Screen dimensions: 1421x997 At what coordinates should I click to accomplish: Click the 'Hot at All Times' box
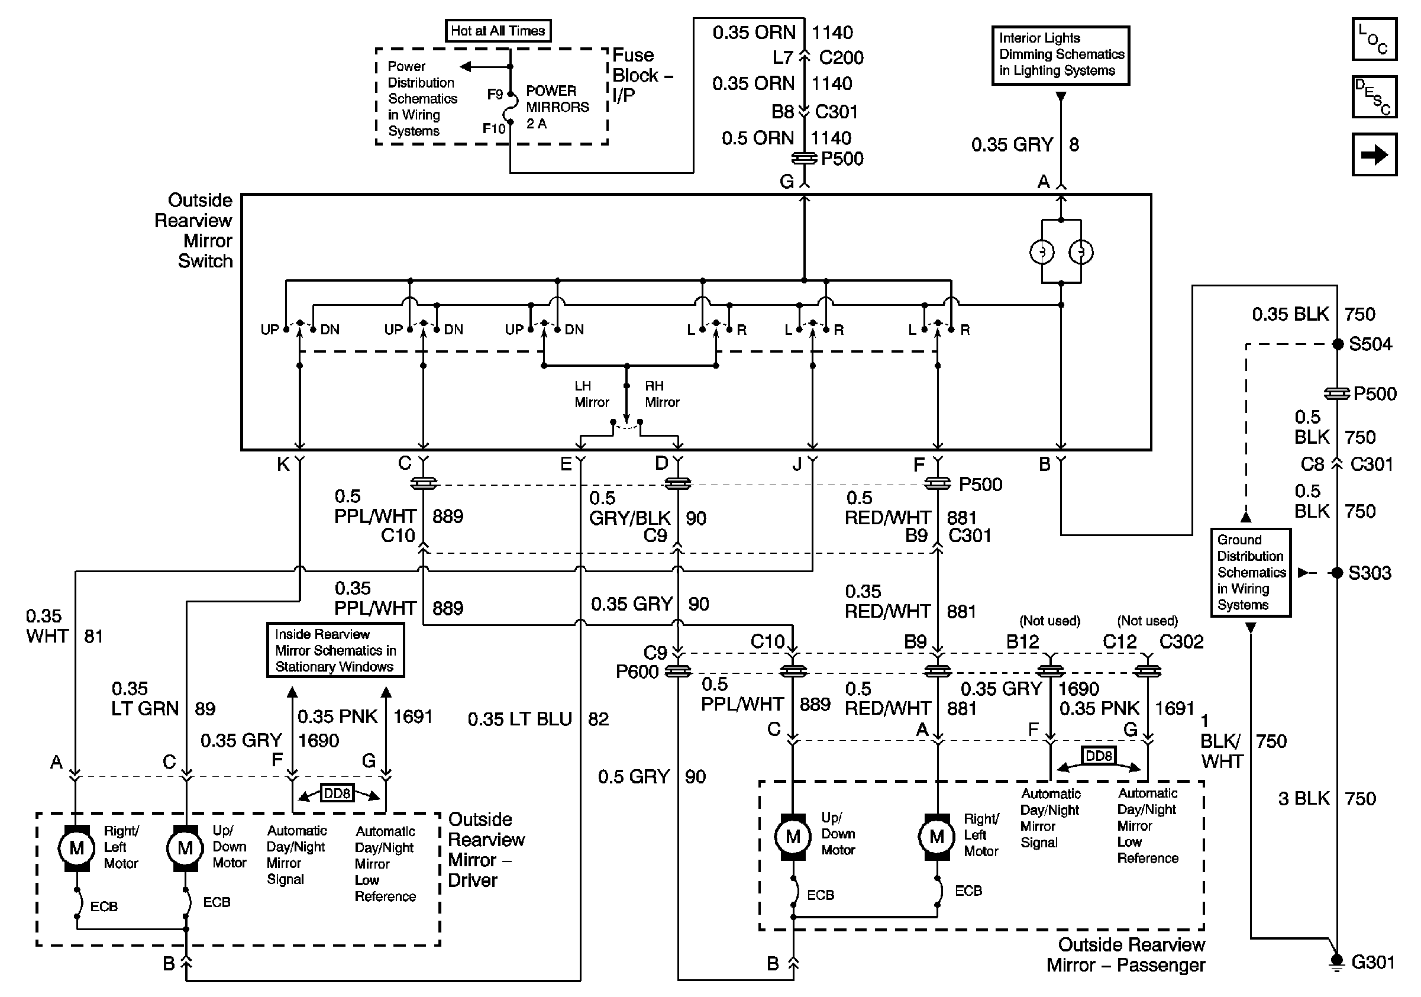tap(498, 30)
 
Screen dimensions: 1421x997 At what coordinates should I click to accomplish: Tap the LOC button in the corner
tap(1374, 39)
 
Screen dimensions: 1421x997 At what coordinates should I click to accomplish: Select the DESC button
tap(1374, 96)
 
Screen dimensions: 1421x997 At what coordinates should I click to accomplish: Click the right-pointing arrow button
tap(1374, 154)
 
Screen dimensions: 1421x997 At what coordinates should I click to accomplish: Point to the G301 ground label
tap(1372, 961)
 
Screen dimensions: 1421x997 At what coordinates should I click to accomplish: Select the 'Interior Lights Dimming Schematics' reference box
tap(1061, 55)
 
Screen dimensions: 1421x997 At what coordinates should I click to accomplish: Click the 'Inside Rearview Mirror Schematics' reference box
tap(335, 650)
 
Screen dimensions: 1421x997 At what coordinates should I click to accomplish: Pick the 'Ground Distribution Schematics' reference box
tap(1251, 572)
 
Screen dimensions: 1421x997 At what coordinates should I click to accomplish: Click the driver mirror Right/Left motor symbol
tap(76, 848)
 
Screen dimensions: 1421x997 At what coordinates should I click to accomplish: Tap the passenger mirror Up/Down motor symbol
tap(793, 837)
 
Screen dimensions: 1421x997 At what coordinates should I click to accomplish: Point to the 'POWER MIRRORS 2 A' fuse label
tap(557, 107)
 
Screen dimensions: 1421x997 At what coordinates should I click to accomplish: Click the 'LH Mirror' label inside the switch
tap(592, 394)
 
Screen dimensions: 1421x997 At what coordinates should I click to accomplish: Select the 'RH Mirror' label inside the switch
tap(662, 394)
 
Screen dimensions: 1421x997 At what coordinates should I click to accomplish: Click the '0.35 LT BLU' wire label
tap(520, 719)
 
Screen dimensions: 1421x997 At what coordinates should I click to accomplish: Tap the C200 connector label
tap(841, 57)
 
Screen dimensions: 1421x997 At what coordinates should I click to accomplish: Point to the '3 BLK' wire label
tap(1304, 798)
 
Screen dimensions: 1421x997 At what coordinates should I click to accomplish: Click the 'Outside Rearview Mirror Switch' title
tap(193, 230)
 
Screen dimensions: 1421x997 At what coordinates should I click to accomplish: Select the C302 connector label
tap(1181, 642)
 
